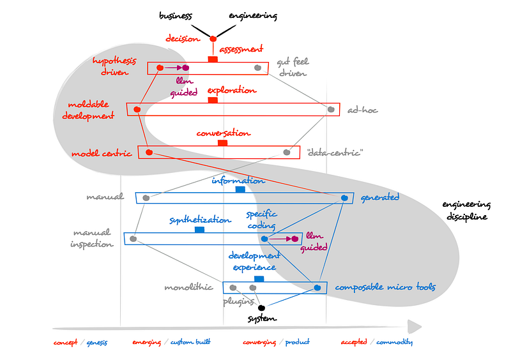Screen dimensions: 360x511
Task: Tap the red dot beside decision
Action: coord(213,40)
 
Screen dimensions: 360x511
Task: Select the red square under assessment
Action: coord(213,59)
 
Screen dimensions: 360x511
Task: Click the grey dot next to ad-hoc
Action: coord(331,109)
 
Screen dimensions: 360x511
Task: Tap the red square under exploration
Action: coord(213,100)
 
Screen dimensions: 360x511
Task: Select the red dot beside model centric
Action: coord(149,153)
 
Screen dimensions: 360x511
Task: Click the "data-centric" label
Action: coord(335,153)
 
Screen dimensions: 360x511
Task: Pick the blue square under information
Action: coord(240,190)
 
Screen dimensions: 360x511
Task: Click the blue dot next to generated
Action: coord(344,198)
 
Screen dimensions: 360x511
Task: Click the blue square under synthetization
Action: coord(199,229)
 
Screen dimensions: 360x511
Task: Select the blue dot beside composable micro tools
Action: coord(317,288)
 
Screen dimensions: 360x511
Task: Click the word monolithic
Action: coord(188,287)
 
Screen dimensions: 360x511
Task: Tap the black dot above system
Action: coord(261,308)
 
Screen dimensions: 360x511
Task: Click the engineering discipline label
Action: coord(466,211)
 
